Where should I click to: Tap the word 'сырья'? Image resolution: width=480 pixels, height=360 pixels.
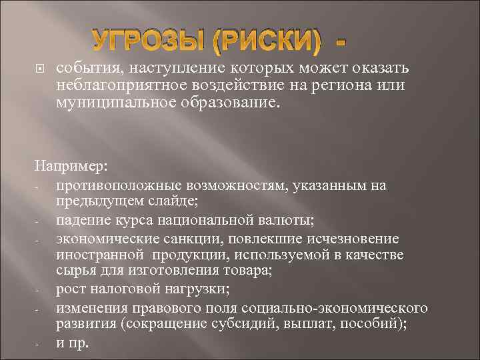coord(75,272)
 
